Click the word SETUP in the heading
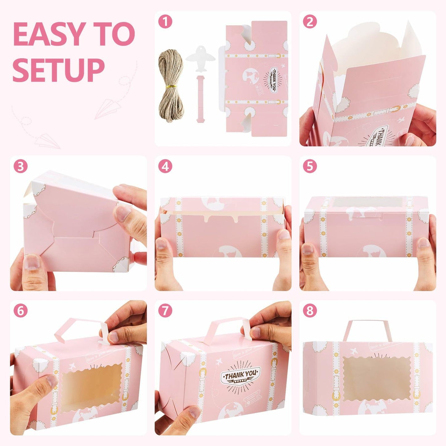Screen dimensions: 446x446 pos(58,70)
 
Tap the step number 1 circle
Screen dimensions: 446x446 pos(165,22)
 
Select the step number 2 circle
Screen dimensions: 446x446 pos(310,22)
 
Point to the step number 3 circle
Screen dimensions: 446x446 pos(20,166)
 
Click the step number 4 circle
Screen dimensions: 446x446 pos(165,166)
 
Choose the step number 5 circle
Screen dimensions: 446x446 pos(310,166)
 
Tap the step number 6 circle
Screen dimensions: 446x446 pos(20,311)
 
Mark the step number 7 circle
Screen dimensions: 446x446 pos(165,311)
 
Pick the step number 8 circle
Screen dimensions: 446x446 pos(310,311)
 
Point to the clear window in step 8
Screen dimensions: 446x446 pos(377,378)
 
